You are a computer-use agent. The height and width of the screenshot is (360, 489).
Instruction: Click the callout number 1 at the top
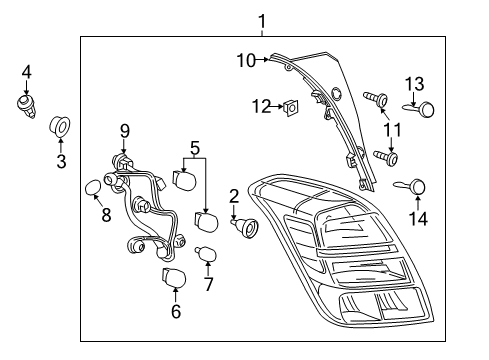pyautogui.click(x=261, y=20)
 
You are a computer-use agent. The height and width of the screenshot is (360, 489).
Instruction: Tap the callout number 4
pyautogui.click(x=27, y=71)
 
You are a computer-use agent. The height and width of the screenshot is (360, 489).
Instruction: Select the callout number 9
pyautogui.click(x=124, y=130)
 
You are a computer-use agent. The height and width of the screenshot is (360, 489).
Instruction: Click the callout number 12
pyautogui.click(x=261, y=106)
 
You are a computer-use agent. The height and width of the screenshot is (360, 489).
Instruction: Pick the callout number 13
pyautogui.click(x=414, y=83)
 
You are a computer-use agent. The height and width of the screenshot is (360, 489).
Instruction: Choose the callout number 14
pyautogui.click(x=417, y=218)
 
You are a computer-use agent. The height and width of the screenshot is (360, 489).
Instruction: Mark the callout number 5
pyautogui.click(x=194, y=146)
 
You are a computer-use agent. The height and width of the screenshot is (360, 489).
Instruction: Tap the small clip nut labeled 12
pyautogui.click(x=289, y=106)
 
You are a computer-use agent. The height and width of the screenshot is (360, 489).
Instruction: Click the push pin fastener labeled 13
pyautogui.click(x=425, y=108)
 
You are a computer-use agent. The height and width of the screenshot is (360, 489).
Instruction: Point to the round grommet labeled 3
pyautogui.click(x=60, y=127)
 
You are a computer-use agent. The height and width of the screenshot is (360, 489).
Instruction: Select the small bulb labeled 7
pyautogui.click(x=207, y=256)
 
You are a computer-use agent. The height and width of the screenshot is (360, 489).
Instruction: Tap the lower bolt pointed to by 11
pyautogui.click(x=386, y=156)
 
